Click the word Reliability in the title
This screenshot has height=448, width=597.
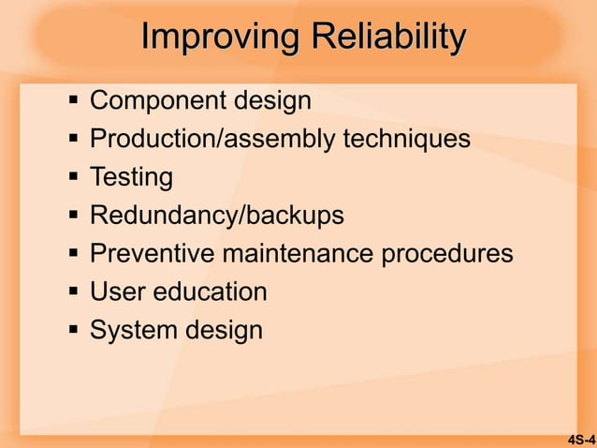(x=388, y=38)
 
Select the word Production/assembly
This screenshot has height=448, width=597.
(x=213, y=139)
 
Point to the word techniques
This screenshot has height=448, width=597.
(x=407, y=139)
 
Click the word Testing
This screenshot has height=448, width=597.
(x=131, y=177)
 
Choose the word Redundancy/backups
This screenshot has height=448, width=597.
(x=216, y=216)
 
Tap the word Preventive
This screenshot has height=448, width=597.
(x=153, y=254)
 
